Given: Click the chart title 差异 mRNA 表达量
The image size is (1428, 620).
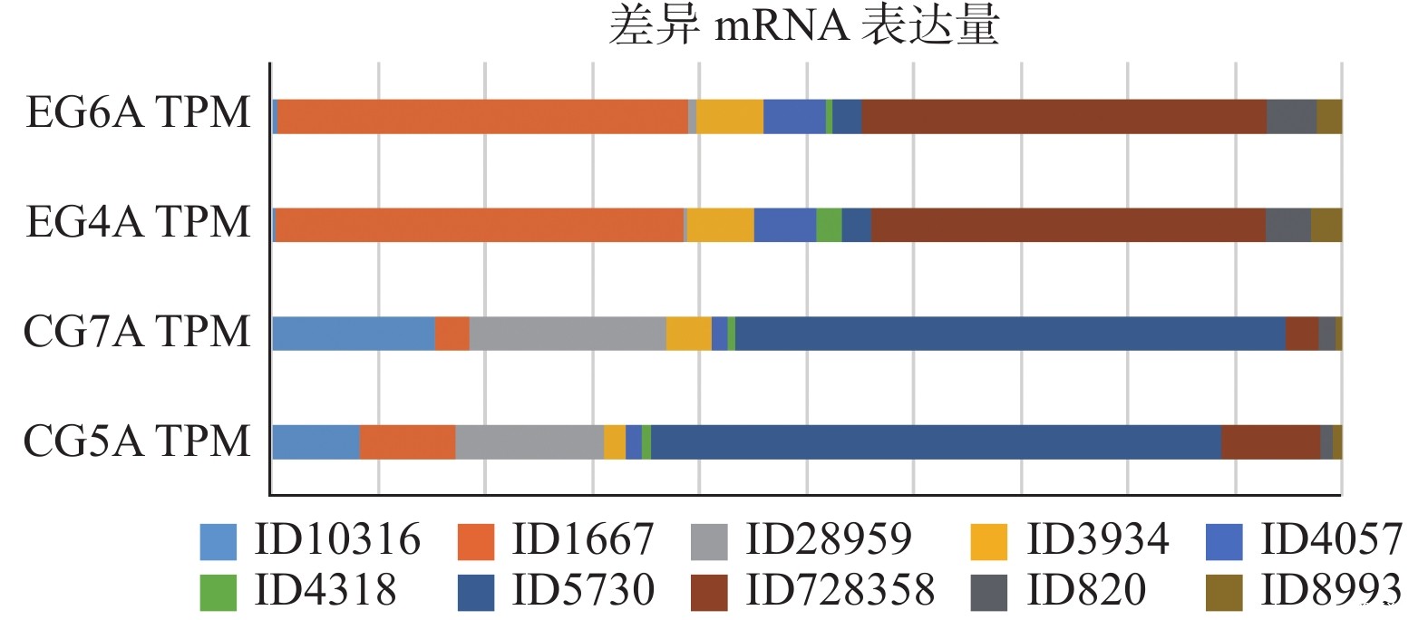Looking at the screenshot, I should tap(803, 25).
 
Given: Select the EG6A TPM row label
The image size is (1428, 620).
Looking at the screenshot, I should tap(138, 113).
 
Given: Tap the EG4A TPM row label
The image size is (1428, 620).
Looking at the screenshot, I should tap(138, 223).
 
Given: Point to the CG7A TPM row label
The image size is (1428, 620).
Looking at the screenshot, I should tap(136, 332).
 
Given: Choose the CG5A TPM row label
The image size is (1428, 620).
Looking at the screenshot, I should tap(136, 441).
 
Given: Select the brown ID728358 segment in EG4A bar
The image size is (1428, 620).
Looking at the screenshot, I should tap(1067, 225).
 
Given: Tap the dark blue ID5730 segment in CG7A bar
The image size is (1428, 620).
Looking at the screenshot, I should tap(1009, 334).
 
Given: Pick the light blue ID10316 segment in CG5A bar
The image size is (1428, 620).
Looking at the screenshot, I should tap(316, 441).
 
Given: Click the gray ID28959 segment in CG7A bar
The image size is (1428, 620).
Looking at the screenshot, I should tap(568, 334).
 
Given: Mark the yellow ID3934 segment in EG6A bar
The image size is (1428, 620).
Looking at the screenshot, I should tap(730, 117).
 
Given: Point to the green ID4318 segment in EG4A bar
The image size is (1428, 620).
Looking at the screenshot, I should tap(829, 225).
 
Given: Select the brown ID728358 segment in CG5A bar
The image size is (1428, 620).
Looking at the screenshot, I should tap(1270, 441).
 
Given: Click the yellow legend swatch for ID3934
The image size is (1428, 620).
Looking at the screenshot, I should tap(988, 542).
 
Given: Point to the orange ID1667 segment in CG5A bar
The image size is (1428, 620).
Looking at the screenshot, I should tap(407, 441).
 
